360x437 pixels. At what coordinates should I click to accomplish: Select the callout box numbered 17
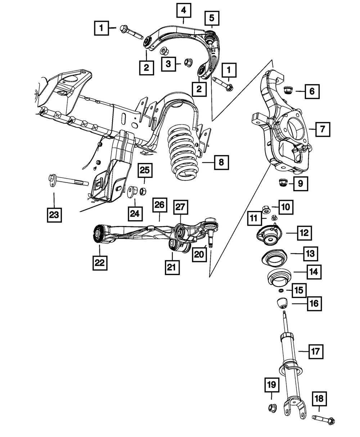[316, 350]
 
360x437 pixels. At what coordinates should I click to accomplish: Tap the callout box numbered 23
[54, 215]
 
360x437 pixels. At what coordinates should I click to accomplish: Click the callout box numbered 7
[322, 129]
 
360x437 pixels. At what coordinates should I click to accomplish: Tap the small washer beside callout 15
[281, 290]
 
